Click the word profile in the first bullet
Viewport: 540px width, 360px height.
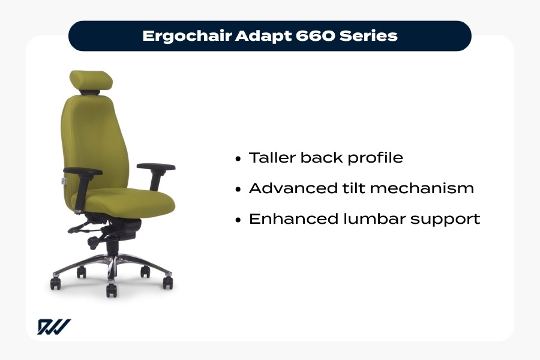[x=377, y=158]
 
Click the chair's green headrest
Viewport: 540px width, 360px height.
[x=90, y=80]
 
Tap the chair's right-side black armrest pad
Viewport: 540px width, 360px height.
[x=156, y=167]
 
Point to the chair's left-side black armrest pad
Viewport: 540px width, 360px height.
[x=82, y=172]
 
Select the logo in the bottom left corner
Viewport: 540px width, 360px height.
[x=54, y=327]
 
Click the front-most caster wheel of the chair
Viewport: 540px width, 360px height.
[x=111, y=290]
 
